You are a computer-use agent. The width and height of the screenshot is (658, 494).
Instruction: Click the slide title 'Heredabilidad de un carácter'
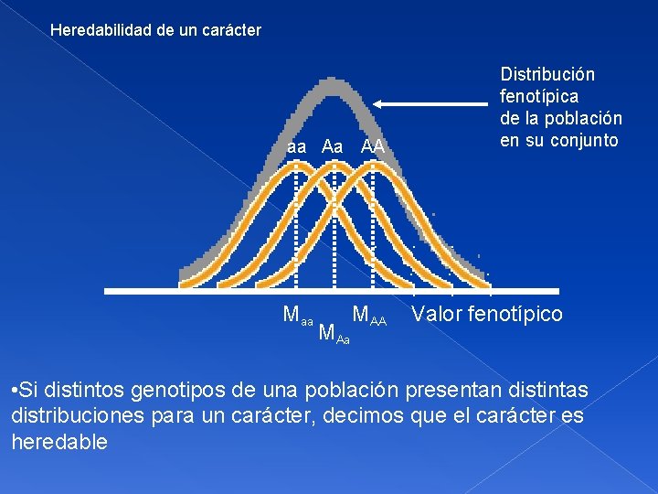point(155,30)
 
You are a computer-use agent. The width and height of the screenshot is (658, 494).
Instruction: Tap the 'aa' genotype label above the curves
point(296,146)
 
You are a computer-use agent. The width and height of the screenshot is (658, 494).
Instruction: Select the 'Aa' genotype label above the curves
point(333,146)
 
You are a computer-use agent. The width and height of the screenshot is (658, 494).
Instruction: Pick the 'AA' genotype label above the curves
point(372,146)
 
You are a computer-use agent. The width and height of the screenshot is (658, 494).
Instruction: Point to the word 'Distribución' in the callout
point(547,74)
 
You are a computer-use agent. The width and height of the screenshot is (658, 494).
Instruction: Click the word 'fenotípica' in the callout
point(538,96)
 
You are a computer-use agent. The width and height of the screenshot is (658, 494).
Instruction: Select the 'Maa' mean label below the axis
point(298,317)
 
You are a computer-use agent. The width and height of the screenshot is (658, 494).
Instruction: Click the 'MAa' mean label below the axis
point(334,335)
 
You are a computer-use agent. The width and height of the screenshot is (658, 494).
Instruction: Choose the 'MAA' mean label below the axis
point(369,317)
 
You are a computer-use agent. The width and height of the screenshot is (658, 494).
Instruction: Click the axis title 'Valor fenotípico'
point(487,315)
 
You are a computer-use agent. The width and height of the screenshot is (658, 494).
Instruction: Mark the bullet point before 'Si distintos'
point(16,392)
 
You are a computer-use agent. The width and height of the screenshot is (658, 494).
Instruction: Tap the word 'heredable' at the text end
point(59,443)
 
